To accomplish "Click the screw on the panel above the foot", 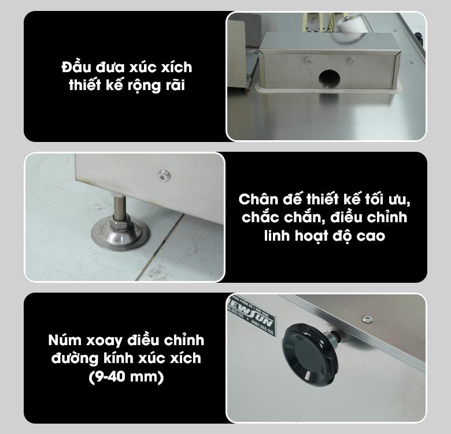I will coord(164,173).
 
